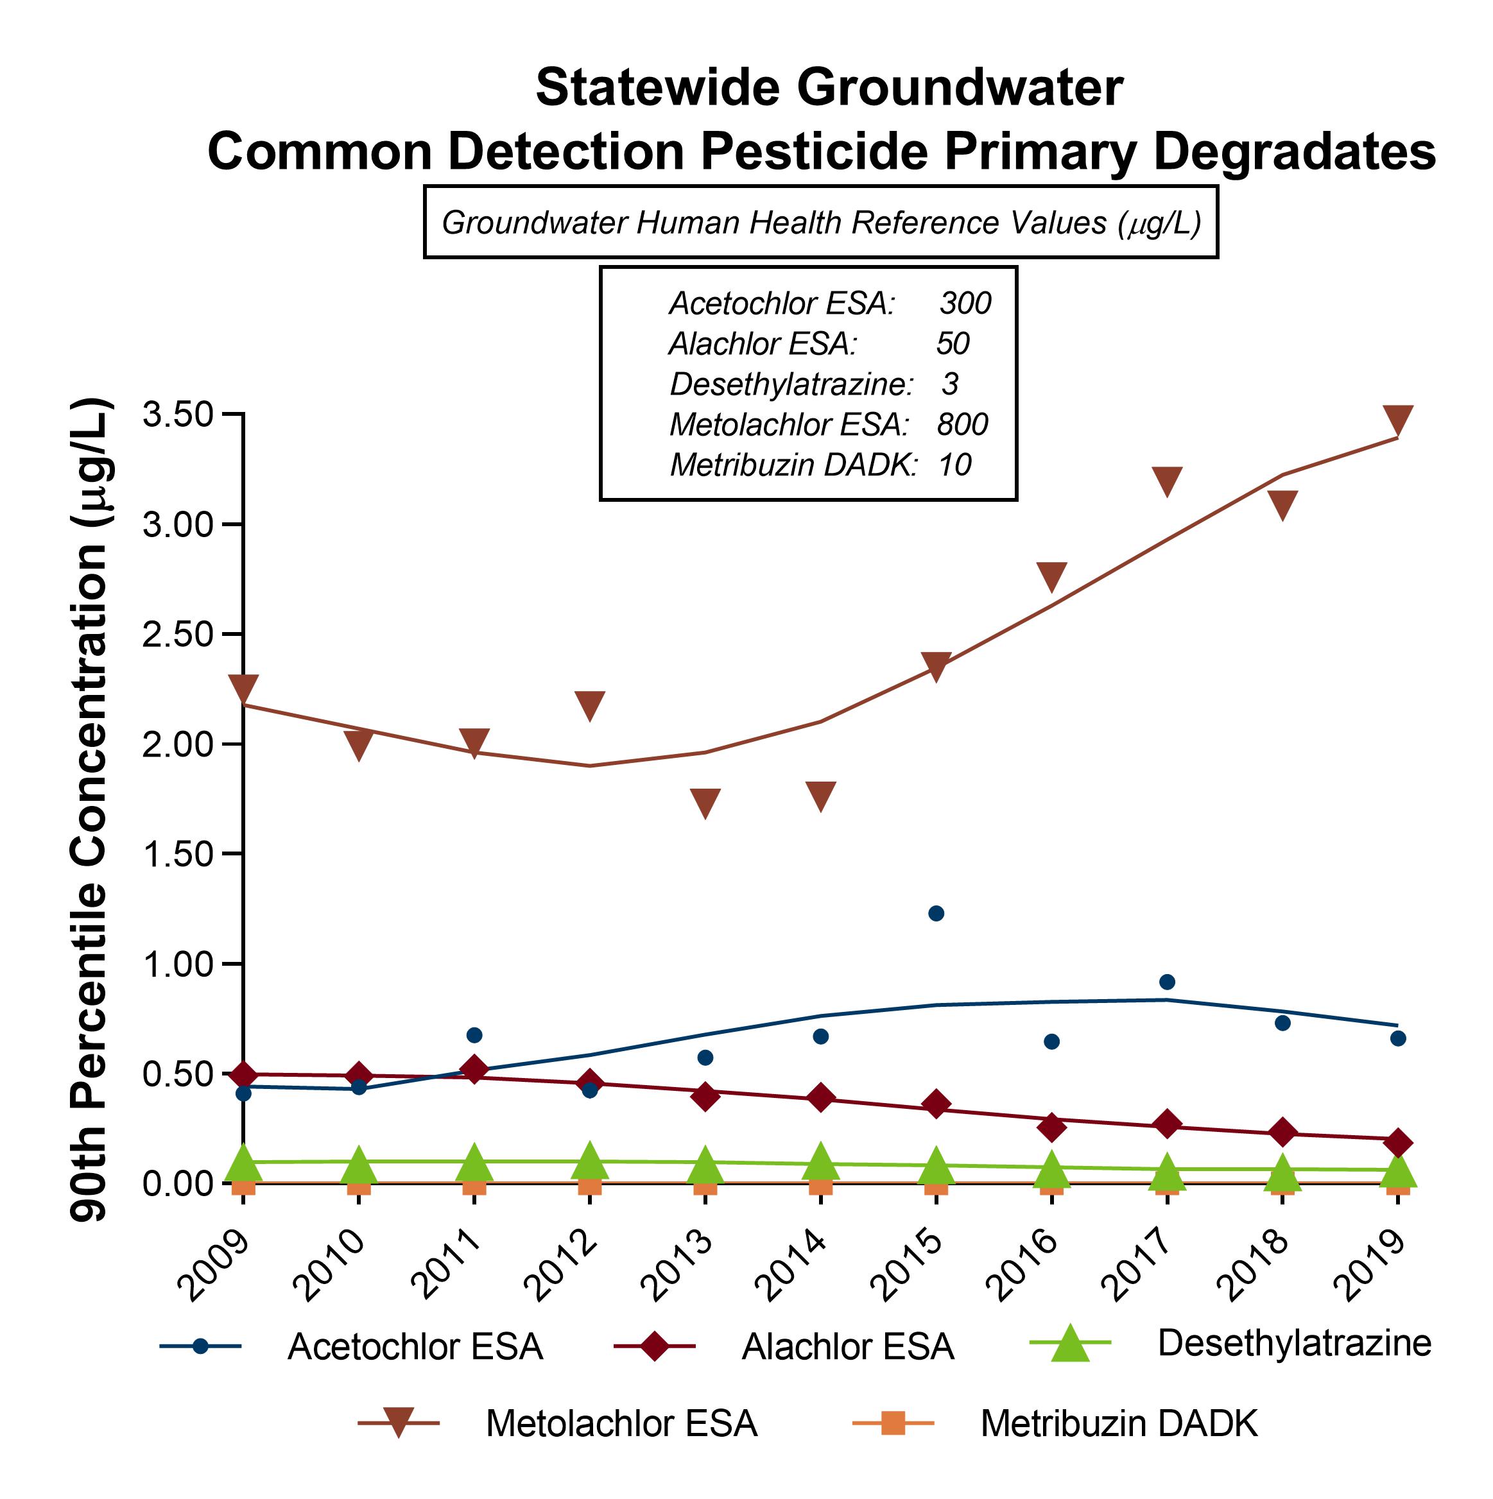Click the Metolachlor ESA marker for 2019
[x=1397, y=419]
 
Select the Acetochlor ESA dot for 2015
[x=936, y=913]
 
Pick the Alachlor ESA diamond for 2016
[x=1051, y=1127]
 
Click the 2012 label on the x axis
[x=562, y=1267]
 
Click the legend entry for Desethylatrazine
[x=1293, y=1343]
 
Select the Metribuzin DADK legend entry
[x=1118, y=1424]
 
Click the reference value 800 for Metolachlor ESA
[x=962, y=424]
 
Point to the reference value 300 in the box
[x=965, y=304]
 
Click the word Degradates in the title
[x=1295, y=151]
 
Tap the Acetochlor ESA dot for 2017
[x=1167, y=982]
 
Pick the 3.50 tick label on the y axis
[x=178, y=415]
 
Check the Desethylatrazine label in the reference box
[x=791, y=384]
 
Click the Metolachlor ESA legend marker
[x=398, y=1424]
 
